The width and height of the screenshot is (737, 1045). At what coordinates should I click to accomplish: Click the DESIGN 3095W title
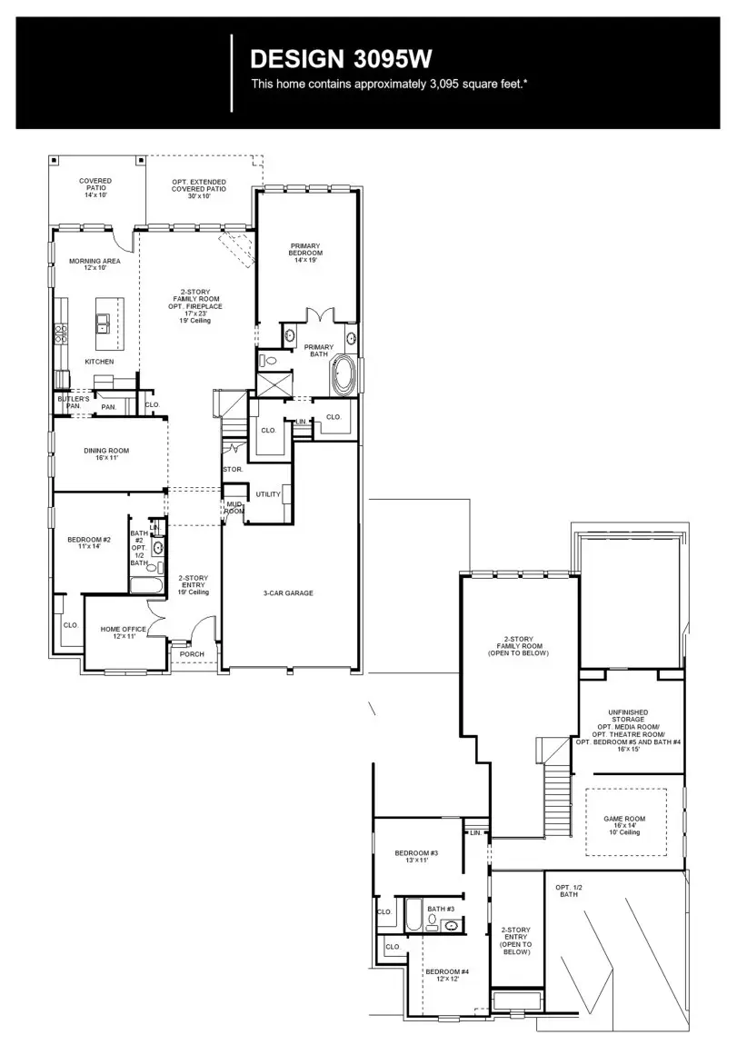[x=341, y=60]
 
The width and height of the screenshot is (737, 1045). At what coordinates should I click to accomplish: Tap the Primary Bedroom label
[x=306, y=253]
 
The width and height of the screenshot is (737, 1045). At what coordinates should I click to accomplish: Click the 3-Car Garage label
[x=288, y=592]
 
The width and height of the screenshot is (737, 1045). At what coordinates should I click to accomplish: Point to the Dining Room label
[x=107, y=453]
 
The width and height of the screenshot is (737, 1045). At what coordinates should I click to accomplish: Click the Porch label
[x=192, y=654]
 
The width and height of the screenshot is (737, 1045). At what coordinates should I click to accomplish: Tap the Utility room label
[x=268, y=494]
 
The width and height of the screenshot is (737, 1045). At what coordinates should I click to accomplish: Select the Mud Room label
[x=234, y=507]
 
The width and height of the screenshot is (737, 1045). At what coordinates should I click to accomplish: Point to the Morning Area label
[x=95, y=264]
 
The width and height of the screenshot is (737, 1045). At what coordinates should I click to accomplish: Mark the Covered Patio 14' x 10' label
[x=95, y=188]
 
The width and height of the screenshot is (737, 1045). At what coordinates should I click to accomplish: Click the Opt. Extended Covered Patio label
[x=199, y=189]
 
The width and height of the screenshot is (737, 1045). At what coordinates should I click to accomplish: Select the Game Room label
[x=622, y=824]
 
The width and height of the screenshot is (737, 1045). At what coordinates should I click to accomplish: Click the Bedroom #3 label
[x=416, y=855]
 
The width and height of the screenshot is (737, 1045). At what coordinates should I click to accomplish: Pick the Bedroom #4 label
[x=447, y=974]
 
